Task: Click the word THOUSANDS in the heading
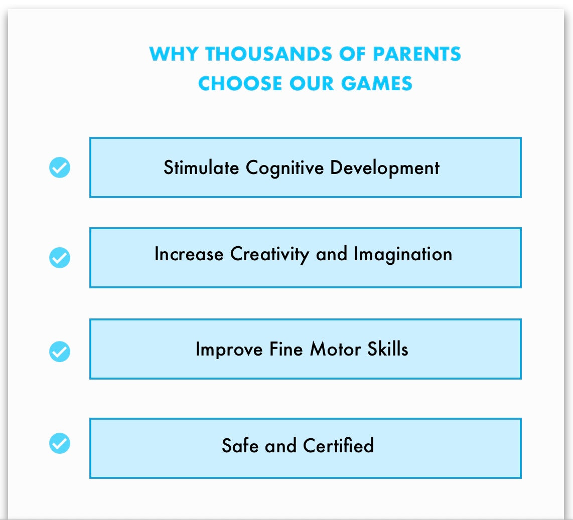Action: point(269,54)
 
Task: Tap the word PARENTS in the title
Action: point(417,54)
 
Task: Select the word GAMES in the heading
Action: point(377,83)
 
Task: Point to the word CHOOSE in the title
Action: point(240,83)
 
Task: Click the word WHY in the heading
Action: point(174,54)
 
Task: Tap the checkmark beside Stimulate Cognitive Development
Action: point(60,167)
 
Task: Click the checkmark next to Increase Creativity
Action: point(60,258)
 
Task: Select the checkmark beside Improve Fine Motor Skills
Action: point(60,352)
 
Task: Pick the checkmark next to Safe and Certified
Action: point(60,443)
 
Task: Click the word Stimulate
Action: point(201,167)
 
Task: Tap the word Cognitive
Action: point(284,168)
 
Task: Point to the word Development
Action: point(385,168)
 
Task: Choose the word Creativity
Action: point(269,255)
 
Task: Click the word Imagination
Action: point(403,255)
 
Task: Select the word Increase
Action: point(189,254)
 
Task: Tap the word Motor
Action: point(336,349)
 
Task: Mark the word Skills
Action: point(388,349)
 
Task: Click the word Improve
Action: point(229,350)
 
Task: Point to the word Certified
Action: point(338,445)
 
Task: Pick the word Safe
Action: point(240,445)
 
